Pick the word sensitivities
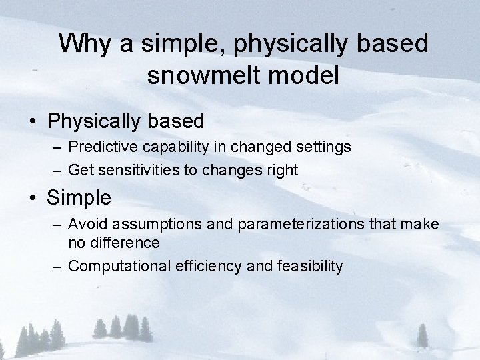[139, 171]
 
